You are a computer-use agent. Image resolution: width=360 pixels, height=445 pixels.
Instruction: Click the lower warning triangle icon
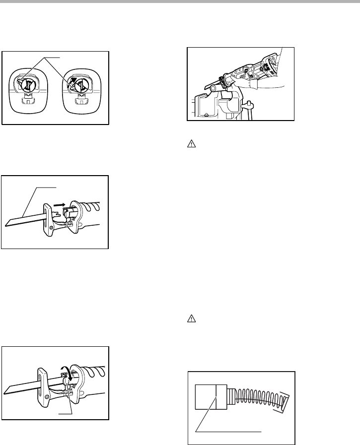191,320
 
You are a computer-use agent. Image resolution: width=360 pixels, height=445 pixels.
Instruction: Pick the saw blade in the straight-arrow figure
22,218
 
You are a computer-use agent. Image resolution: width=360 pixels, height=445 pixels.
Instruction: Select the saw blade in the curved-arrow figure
20,386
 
